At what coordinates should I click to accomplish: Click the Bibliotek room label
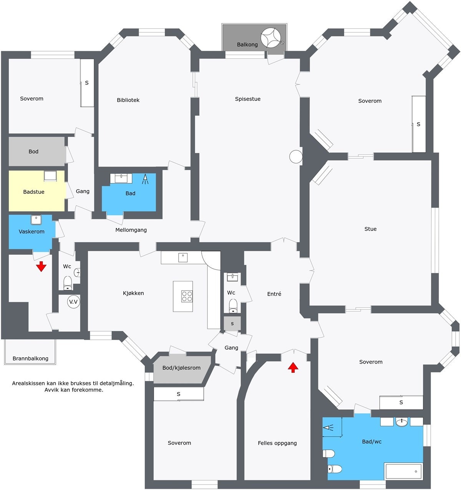coord(128,100)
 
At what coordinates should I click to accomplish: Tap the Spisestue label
coord(248,99)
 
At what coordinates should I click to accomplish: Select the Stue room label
coord(370,229)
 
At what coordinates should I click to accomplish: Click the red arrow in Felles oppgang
coord(293,367)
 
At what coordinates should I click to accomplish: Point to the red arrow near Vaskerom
coord(41,266)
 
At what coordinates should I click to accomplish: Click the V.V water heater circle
coord(73,302)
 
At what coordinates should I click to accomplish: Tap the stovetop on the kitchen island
coord(187,296)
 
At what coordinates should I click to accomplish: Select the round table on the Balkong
coord(271,38)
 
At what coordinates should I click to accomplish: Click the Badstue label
coord(34,192)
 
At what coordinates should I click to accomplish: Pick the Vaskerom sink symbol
coord(36,220)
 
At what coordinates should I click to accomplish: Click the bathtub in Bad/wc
coord(403,471)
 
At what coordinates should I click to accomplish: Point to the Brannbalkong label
coord(30,359)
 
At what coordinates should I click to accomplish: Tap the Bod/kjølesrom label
coord(181,368)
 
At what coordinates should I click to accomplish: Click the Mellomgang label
coord(131,230)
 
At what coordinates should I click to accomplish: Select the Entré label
coord(274,294)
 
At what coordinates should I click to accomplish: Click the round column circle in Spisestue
coord(296,156)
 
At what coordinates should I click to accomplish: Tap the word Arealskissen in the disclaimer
coord(28,383)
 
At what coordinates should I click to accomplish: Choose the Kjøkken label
coord(133,293)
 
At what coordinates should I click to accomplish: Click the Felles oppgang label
coord(277,443)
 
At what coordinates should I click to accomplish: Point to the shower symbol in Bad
coord(145,179)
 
